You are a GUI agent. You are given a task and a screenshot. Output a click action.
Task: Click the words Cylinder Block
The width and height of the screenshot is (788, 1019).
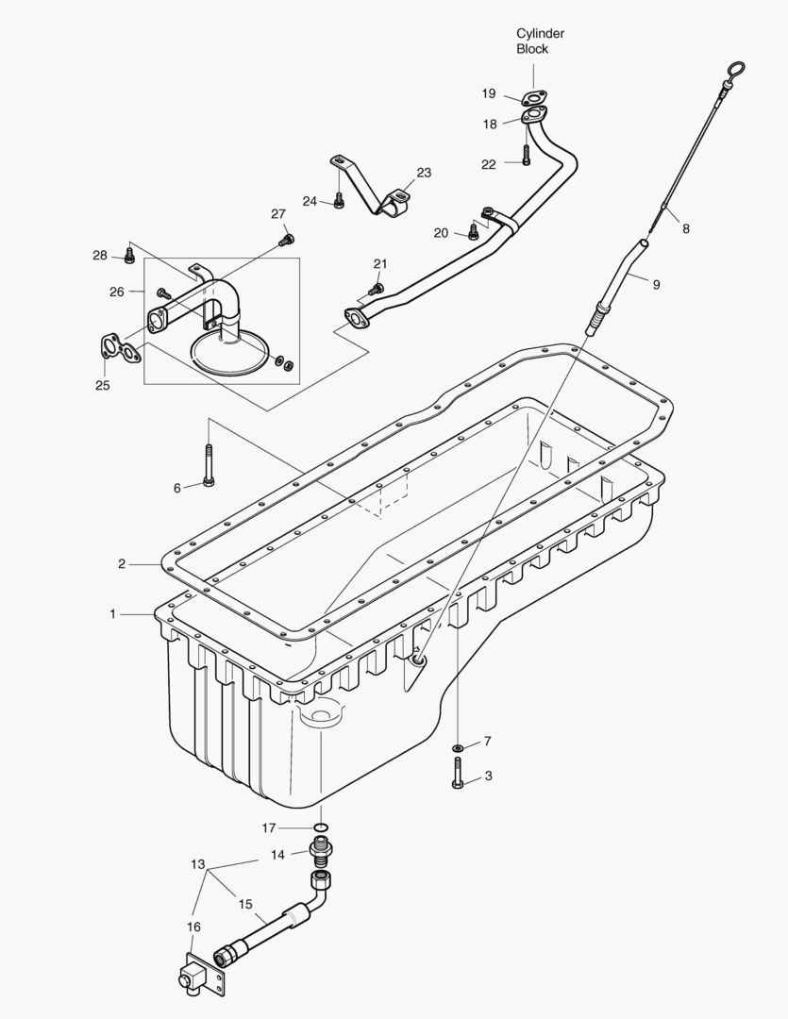point(540,42)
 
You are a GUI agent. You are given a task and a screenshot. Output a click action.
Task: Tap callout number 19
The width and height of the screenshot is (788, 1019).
point(489,93)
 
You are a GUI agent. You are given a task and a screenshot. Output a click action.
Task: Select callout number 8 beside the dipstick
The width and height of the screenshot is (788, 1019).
point(685,227)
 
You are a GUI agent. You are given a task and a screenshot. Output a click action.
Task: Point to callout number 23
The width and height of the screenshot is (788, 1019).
point(424,173)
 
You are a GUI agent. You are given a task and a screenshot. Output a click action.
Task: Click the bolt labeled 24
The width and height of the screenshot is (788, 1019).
point(339,201)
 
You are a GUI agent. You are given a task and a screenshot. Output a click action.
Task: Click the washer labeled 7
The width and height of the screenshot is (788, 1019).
point(458,748)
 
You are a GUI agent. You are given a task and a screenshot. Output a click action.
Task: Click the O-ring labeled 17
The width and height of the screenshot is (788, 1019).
point(321,828)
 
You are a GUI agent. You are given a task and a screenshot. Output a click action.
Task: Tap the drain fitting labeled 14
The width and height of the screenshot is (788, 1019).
point(322,856)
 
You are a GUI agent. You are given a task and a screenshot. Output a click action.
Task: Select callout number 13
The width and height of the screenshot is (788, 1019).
point(197,864)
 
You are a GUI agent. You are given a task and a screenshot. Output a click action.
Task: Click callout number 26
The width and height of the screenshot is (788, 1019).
point(117,292)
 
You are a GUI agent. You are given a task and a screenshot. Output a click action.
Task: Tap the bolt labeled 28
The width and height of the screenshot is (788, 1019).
point(129,257)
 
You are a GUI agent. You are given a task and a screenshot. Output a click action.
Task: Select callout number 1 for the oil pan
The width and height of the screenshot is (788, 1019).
point(112,614)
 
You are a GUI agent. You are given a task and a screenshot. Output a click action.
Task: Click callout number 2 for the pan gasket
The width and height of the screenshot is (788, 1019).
point(122,564)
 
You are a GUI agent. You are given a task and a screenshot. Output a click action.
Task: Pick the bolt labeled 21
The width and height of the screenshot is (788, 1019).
point(377,287)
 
